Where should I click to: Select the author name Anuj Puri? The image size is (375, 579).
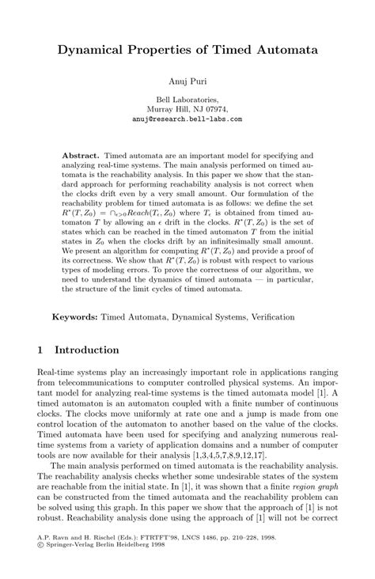click(187, 81)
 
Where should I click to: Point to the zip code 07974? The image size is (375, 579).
click(213, 109)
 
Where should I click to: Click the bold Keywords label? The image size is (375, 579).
click(75, 317)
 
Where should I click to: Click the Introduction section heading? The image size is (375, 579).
click(87, 350)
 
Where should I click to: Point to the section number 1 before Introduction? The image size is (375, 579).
click(40, 350)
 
